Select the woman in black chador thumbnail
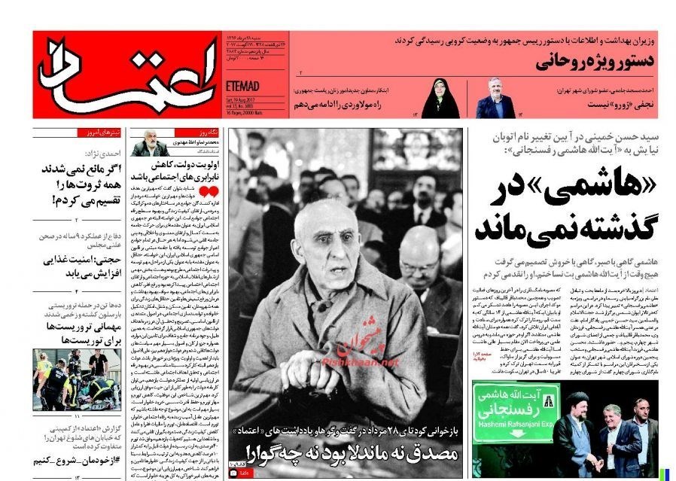click(x=440, y=98)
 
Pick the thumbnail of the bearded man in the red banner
click(x=495, y=97)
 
